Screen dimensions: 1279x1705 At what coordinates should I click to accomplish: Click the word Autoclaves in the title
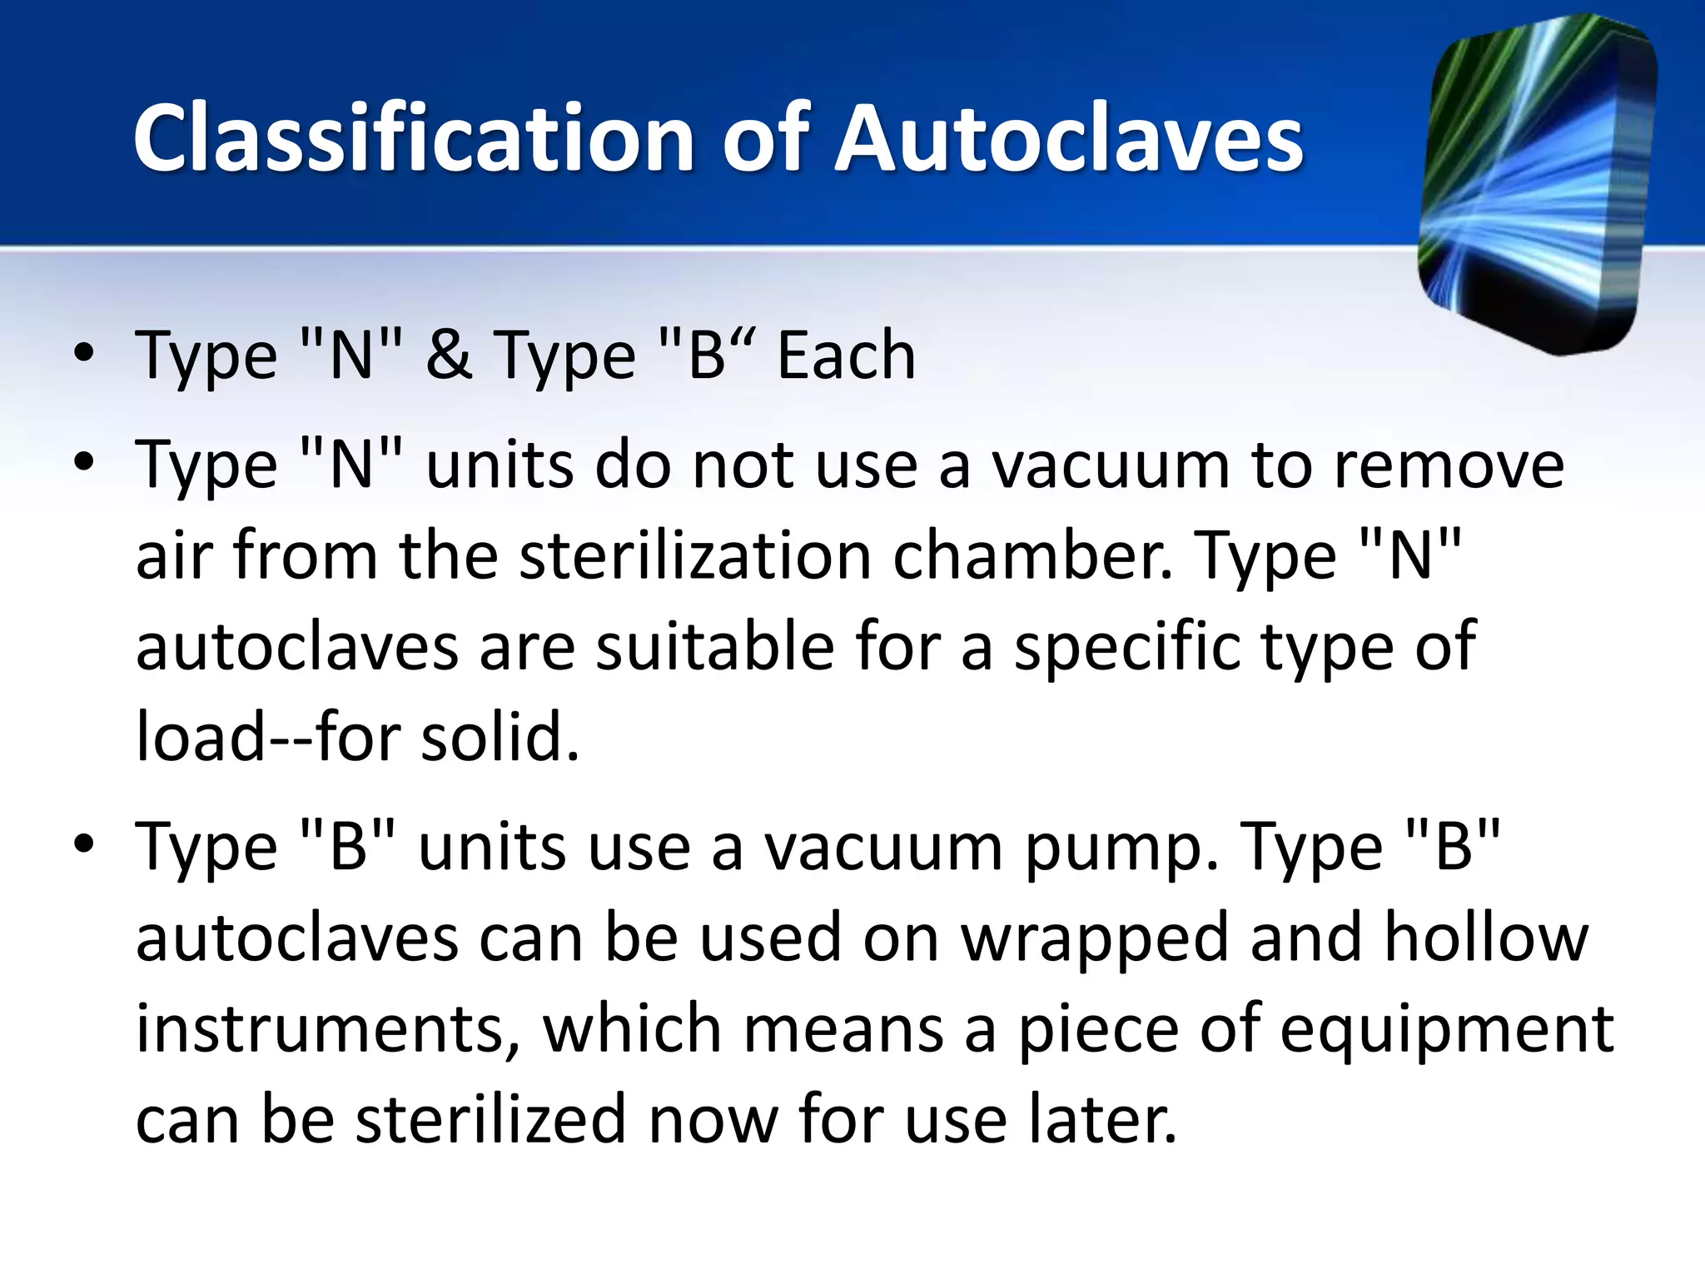click(x=1069, y=138)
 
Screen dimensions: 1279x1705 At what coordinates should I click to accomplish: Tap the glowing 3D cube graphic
click(x=1536, y=185)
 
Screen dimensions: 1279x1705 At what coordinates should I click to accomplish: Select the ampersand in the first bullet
click(x=449, y=356)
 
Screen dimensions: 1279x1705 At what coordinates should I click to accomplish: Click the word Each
click(x=846, y=356)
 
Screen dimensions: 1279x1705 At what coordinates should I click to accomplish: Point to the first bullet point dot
click(x=83, y=354)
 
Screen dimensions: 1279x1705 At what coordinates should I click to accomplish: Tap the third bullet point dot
click(x=83, y=844)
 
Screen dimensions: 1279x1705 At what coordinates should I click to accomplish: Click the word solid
click(x=499, y=738)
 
